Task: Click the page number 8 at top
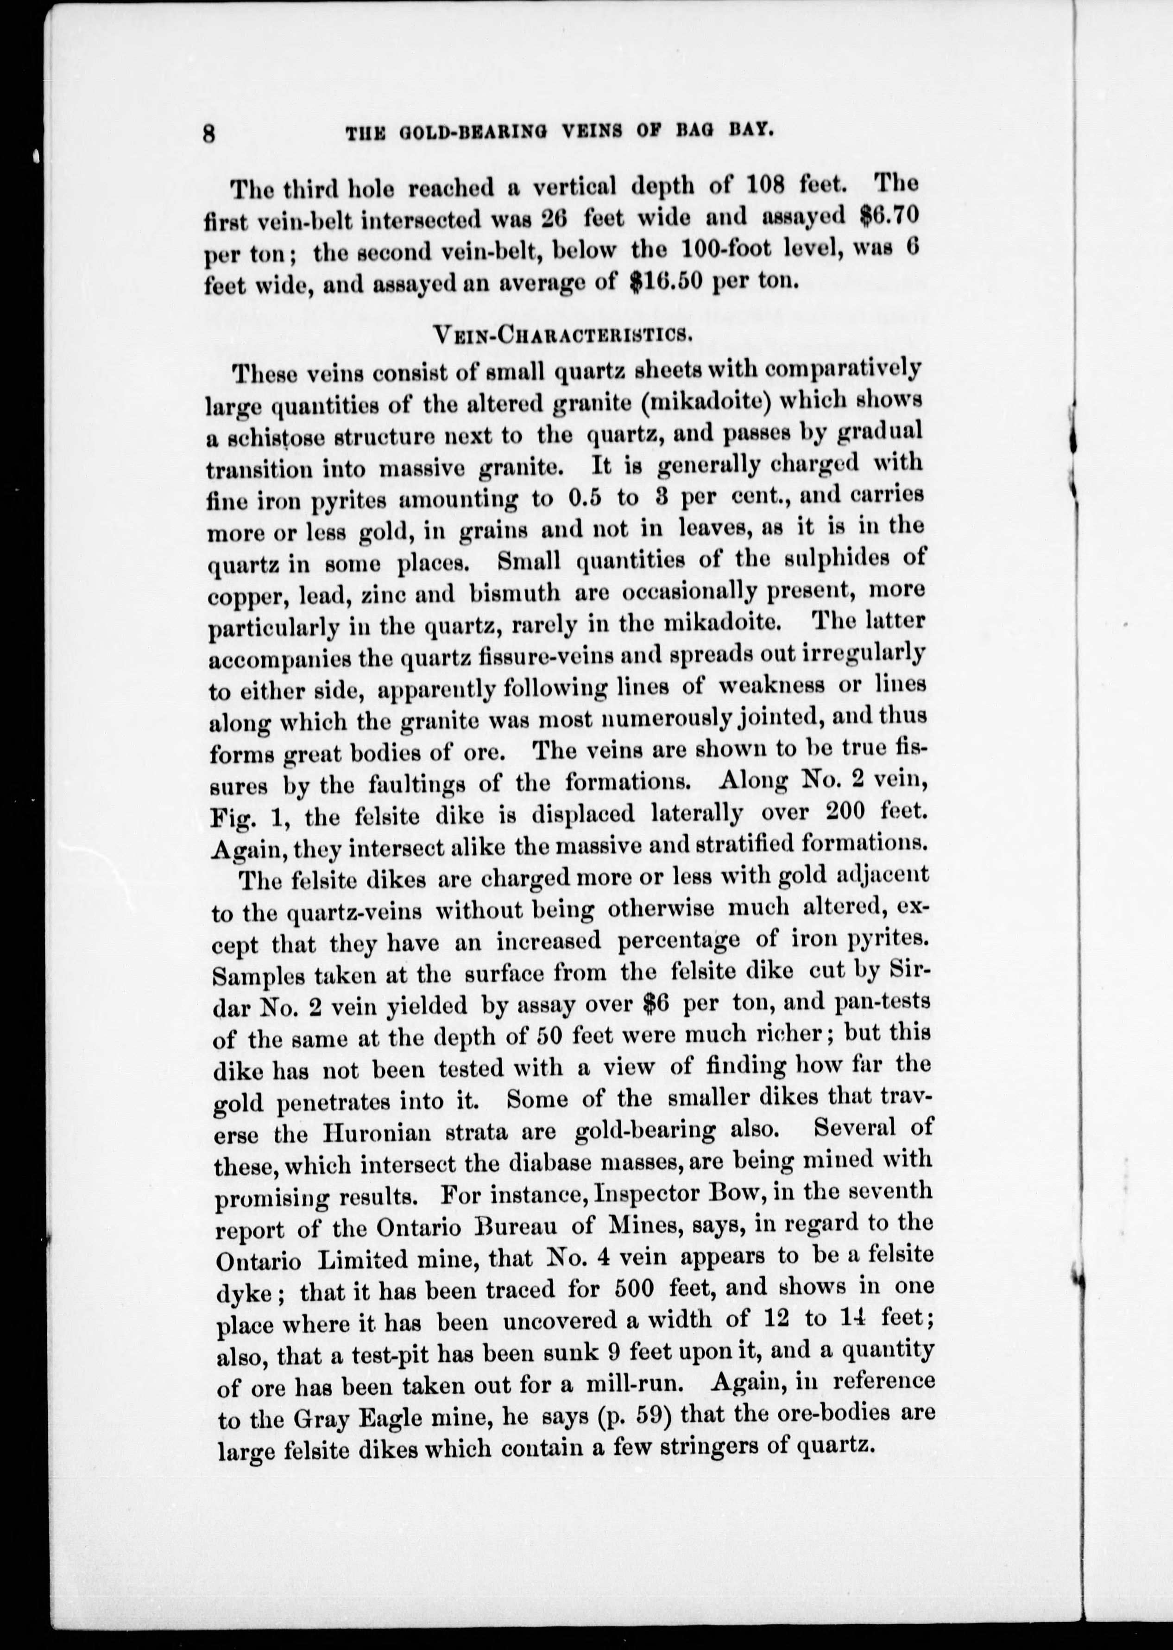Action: coord(210,134)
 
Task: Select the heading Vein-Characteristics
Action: coord(558,333)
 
